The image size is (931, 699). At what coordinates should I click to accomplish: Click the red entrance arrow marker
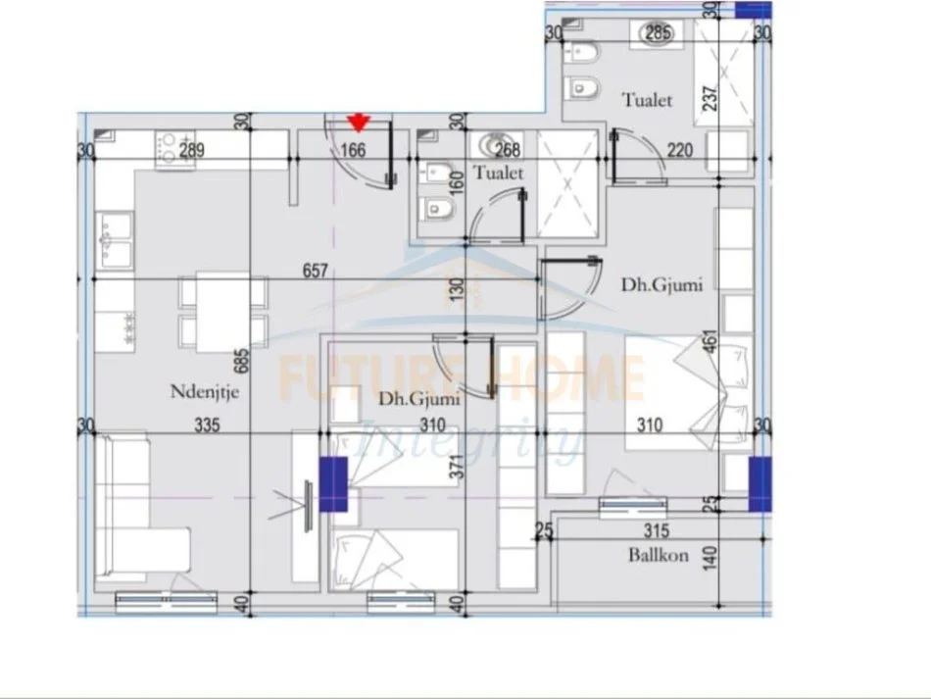[360, 122]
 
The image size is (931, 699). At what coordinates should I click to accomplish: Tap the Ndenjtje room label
[206, 393]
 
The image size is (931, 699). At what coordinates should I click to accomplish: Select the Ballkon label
[659, 555]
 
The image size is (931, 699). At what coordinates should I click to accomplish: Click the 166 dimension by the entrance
[353, 151]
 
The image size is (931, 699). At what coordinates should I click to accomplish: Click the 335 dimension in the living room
[206, 426]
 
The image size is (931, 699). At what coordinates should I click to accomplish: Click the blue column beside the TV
[334, 484]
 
